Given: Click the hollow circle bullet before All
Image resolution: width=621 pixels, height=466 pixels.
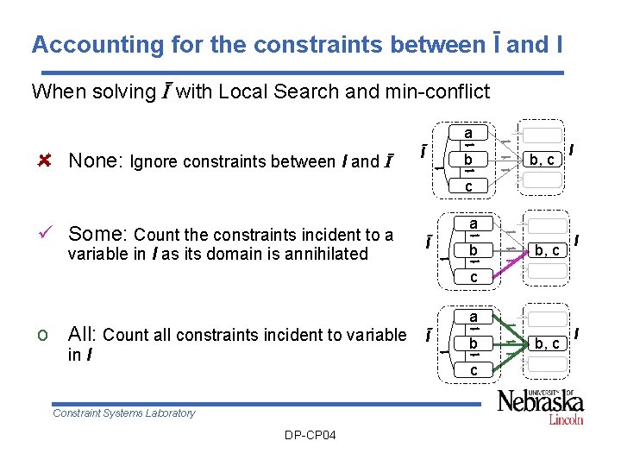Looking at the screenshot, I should (x=44, y=336).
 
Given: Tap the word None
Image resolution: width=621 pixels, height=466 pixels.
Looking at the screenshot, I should (x=94, y=161).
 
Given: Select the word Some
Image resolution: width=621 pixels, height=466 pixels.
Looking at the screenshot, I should (x=97, y=234).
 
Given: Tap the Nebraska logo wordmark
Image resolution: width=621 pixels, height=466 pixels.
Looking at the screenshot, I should (x=540, y=402).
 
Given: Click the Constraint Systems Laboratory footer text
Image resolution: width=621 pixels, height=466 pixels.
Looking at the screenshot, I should (x=124, y=412).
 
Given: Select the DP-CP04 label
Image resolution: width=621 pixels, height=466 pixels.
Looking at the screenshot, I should (x=310, y=434).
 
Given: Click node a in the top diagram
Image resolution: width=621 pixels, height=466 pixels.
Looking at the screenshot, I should (x=468, y=134).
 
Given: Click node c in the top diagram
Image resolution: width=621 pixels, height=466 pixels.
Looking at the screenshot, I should (x=468, y=186).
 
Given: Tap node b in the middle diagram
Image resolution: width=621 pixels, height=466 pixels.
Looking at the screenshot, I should (x=474, y=250).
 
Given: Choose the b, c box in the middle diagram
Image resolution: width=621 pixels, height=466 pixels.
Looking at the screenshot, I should (x=547, y=250).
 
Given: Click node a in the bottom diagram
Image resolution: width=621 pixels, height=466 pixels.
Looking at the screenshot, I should (x=474, y=317).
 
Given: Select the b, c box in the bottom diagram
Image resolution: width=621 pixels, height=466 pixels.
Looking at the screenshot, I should (x=547, y=343).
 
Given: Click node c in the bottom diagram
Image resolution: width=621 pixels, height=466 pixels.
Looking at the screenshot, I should (x=474, y=370).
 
